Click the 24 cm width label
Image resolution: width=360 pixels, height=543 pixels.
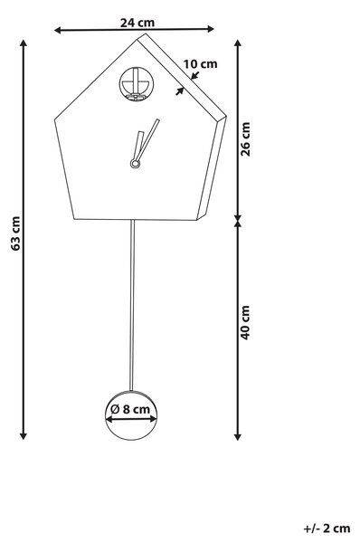tap(137, 23)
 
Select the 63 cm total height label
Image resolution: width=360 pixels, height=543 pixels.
tap(15, 233)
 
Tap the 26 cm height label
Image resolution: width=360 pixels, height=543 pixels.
tap(245, 138)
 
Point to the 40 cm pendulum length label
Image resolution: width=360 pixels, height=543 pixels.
tap(245, 322)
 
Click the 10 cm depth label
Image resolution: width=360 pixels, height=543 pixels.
tap(200, 64)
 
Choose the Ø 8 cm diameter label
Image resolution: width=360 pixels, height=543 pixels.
tap(130, 409)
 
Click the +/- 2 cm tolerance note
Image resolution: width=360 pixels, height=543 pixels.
tap(327, 529)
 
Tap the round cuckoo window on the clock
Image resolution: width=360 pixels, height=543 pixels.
tap(137, 84)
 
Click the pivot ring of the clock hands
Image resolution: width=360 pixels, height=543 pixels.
tap(135, 164)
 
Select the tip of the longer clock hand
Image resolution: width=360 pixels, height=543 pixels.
tap(158, 120)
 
